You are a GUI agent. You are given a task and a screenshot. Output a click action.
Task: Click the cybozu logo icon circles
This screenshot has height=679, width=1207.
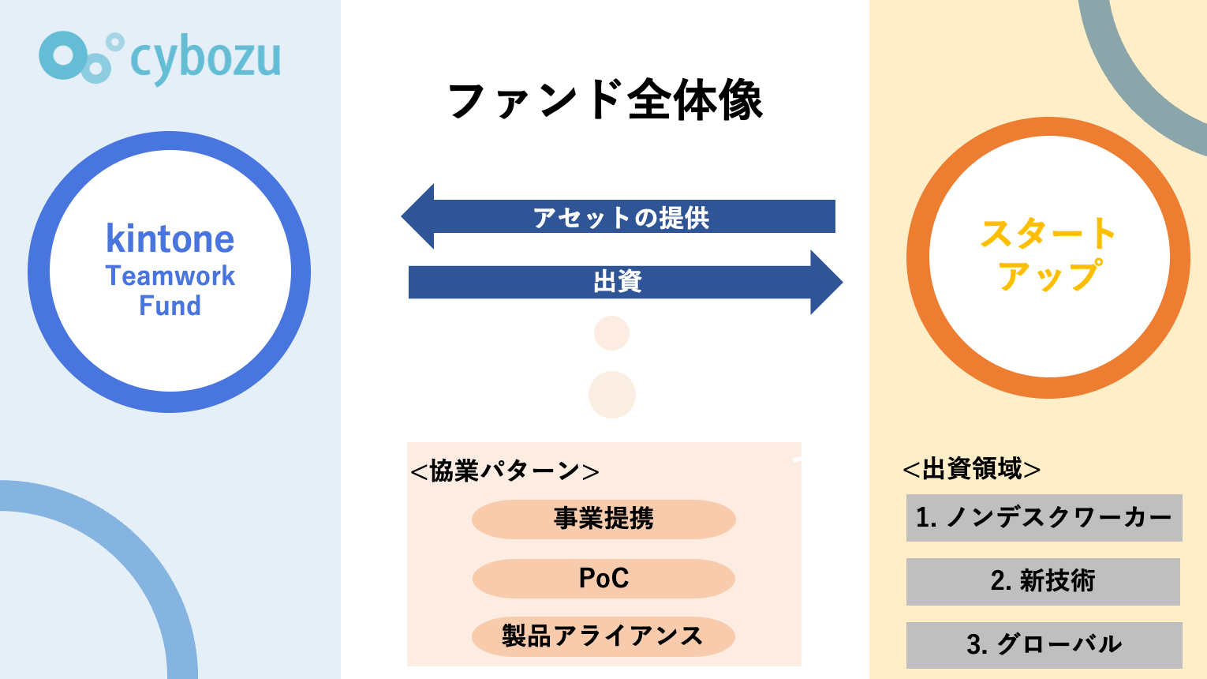click(x=79, y=57)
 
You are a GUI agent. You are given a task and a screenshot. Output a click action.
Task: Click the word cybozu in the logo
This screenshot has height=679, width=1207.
click(x=205, y=58)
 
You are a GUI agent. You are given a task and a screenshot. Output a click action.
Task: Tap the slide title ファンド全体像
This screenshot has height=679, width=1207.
click(x=605, y=100)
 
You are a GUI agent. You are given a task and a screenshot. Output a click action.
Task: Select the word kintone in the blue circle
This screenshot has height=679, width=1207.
click(x=170, y=238)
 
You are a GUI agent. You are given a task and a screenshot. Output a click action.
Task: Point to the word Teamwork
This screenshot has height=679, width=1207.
click(x=170, y=276)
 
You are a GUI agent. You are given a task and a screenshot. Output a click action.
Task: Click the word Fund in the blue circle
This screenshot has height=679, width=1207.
click(x=170, y=306)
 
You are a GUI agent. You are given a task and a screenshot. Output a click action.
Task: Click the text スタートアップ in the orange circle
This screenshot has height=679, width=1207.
click(x=1048, y=254)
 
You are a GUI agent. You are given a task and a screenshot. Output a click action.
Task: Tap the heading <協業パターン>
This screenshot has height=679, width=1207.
click(x=505, y=471)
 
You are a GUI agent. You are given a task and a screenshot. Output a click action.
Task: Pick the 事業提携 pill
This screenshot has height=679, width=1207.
click(x=603, y=519)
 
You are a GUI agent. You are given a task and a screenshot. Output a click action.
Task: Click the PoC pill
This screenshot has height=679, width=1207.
click(x=603, y=578)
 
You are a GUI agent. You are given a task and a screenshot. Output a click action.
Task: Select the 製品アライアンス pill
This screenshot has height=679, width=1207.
click(x=603, y=636)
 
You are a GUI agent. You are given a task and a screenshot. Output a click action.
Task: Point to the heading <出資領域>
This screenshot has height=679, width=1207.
click(x=971, y=469)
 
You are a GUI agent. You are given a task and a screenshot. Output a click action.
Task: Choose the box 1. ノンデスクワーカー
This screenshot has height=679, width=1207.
click(x=1044, y=518)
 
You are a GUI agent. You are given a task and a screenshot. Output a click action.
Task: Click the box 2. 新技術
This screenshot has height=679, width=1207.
click(x=1043, y=581)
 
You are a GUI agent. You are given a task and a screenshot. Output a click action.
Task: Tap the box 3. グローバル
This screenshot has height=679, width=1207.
click(x=1044, y=644)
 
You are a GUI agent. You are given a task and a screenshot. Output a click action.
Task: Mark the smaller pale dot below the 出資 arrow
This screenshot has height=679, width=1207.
click(x=611, y=333)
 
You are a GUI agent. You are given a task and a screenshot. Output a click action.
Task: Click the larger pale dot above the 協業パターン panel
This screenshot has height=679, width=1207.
click(x=612, y=395)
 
